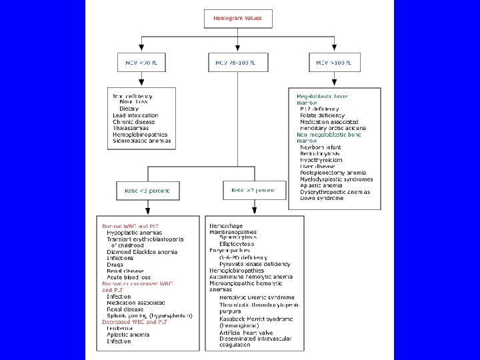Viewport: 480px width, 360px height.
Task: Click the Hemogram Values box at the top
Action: pyautogui.click(x=237, y=19)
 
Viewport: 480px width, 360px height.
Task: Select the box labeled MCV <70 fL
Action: pyautogui.click(x=141, y=63)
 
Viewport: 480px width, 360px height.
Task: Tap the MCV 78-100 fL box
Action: pyautogui.click(x=237, y=63)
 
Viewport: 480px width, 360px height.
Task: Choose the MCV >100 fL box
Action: pyautogui.click(x=335, y=63)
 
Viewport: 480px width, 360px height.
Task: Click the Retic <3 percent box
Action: pyautogui.click(x=147, y=191)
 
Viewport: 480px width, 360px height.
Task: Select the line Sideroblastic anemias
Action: pyautogui.click(x=141, y=141)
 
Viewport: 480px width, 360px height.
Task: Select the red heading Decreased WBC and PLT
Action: pyautogui.click(x=135, y=322)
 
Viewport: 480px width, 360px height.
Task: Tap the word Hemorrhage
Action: pyautogui.click(x=227, y=227)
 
